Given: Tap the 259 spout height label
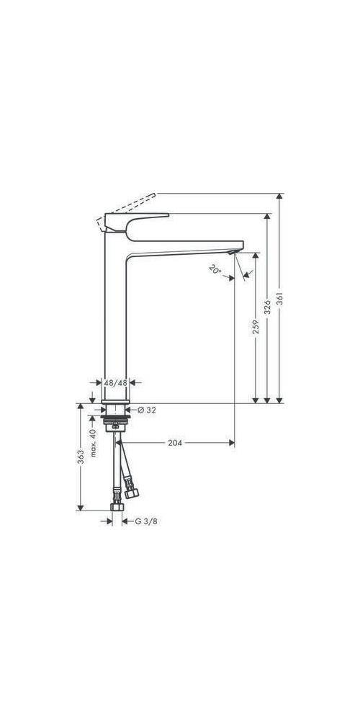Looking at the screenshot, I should (x=256, y=328).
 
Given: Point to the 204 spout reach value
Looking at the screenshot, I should (x=174, y=443).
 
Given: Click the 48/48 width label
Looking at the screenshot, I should (x=115, y=384).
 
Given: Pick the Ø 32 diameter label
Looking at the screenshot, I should (x=146, y=410).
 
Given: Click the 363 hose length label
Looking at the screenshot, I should (x=81, y=456).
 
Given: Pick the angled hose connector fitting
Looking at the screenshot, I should (x=131, y=493).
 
